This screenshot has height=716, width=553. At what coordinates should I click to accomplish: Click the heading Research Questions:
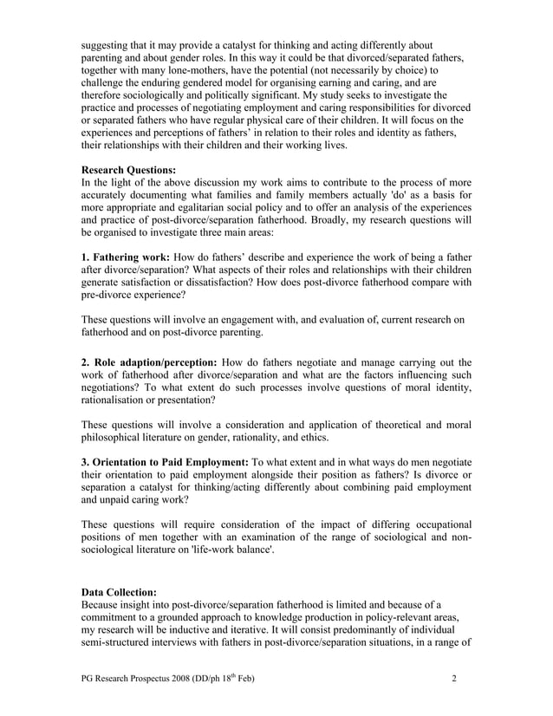point(127,171)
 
